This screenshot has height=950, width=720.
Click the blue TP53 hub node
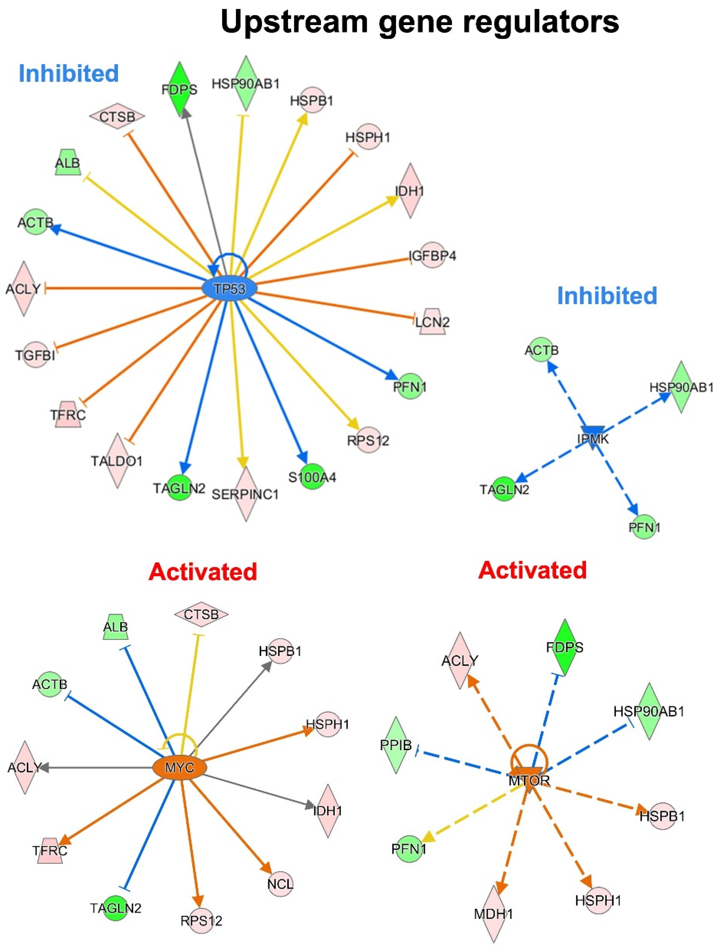click(x=229, y=289)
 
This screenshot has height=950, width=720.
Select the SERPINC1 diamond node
click(x=245, y=494)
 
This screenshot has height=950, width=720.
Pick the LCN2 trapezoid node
click(x=432, y=321)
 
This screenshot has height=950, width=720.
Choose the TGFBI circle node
click(x=35, y=355)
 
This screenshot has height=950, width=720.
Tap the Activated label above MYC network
click(x=203, y=572)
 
